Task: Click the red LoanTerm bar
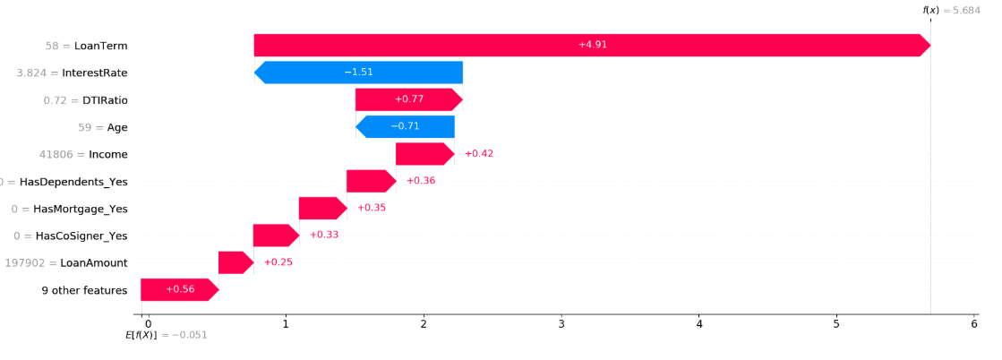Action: coord(592,46)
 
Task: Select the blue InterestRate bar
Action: coord(358,73)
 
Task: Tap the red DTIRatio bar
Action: coord(409,99)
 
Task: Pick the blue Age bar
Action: coord(405,126)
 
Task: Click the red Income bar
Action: coord(425,154)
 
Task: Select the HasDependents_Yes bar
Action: coord(372,181)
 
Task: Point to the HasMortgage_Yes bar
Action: coord(322,209)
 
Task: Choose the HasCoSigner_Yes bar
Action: coord(276,236)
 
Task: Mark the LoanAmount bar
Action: coord(236,262)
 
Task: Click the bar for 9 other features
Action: coord(180,289)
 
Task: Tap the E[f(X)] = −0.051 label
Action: coord(167,335)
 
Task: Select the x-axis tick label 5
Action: coord(836,324)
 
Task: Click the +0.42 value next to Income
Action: coord(479,154)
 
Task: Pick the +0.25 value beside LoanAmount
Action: coord(278,262)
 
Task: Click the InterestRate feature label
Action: coord(95,73)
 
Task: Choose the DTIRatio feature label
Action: coord(104,99)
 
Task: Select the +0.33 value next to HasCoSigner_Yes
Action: coord(324,236)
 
